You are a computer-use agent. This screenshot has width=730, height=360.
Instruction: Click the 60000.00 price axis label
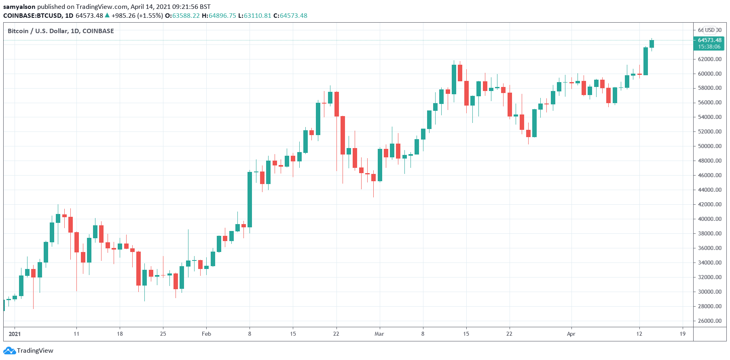(x=709, y=74)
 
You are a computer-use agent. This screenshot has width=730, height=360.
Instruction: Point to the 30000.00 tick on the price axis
(x=709, y=292)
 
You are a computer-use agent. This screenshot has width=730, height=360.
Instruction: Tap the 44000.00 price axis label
(x=709, y=190)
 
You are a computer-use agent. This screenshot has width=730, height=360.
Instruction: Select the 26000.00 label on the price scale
(x=709, y=321)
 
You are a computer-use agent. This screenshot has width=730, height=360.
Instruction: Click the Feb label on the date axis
(x=206, y=334)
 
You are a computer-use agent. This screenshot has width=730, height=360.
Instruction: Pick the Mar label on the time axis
(x=379, y=334)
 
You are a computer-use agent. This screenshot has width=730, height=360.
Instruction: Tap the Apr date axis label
(x=571, y=334)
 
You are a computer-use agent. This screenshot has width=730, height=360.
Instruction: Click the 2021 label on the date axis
(x=15, y=334)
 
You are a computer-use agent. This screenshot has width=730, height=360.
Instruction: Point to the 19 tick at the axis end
(x=683, y=334)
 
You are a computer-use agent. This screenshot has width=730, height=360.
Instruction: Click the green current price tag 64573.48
(x=709, y=40)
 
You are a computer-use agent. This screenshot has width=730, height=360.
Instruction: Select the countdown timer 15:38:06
(x=709, y=47)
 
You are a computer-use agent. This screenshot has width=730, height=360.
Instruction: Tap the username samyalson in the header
(x=19, y=7)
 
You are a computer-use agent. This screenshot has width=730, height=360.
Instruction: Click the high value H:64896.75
(x=219, y=16)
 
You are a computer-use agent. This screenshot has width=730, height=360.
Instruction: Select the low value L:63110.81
(x=255, y=16)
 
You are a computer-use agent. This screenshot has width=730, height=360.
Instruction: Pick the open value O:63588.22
(x=182, y=16)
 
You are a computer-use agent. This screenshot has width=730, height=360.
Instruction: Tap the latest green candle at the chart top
(x=652, y=44)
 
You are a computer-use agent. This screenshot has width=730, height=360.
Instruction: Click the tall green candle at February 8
(x=250, y=199)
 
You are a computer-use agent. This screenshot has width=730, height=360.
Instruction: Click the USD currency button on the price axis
(x=710, y=30)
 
